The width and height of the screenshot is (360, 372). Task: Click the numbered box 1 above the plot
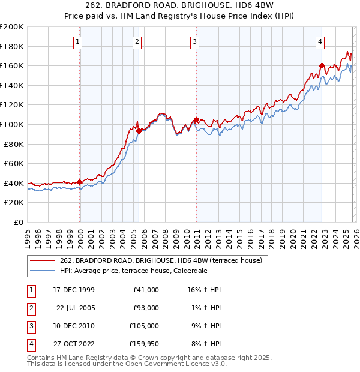point(79,41)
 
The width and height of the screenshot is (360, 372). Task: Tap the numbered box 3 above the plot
point(195,41)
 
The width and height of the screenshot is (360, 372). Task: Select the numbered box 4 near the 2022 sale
point(320,41)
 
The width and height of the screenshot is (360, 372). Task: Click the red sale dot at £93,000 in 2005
point(139,131)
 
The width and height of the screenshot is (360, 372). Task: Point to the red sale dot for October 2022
point(322,65)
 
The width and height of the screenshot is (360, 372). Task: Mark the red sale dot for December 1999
point(80,182)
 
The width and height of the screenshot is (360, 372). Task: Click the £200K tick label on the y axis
point(12,27)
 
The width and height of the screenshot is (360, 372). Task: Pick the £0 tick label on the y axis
point(19,222)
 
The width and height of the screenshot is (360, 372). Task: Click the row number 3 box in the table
point(30,325)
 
